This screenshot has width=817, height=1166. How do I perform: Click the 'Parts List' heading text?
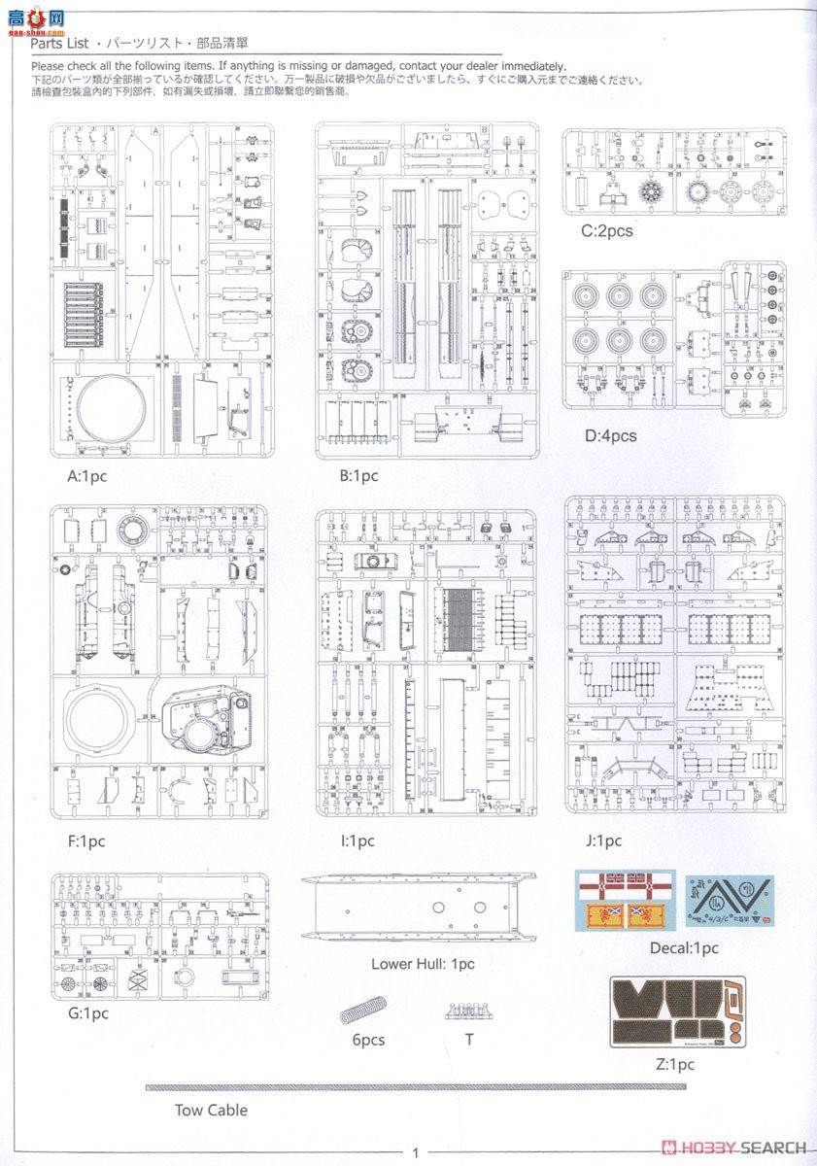point(60,46)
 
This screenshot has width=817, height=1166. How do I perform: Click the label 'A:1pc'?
point(86,476)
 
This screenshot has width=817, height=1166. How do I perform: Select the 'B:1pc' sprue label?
point(358,476)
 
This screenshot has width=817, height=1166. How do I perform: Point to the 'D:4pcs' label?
point(610,435)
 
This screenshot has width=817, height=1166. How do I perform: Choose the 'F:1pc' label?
point(86,841)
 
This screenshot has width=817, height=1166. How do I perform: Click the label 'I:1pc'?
point(356,841)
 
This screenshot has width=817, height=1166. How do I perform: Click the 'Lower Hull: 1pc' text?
point(423,964)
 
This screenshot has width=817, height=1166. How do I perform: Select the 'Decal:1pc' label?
point(684,947)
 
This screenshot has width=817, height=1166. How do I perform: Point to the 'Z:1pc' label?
point(675,1064)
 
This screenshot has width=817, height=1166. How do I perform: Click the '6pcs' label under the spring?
point(368,1040)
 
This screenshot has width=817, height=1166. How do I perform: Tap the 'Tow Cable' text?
point(211,1110)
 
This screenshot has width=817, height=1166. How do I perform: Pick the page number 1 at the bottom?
point(415,1153)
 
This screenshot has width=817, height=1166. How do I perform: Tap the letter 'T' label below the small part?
point(469,1040)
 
